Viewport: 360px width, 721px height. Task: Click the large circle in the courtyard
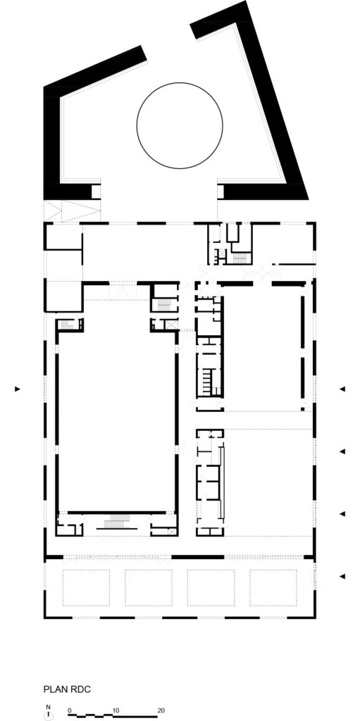click(x=179, y=126)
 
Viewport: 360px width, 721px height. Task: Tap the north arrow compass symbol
click(x=48, y=715)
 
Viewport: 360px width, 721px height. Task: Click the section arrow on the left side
click(x=19, y=389)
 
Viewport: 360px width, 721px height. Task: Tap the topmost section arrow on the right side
click(x=342, y=389)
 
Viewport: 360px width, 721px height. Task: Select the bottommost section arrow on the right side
click(x=342, y=577)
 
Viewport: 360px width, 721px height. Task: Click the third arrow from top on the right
click(x=342, y=514)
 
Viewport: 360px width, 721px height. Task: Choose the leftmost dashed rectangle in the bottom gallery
click(x=86, y=587)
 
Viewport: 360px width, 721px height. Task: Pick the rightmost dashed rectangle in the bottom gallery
click(x=273, y=587)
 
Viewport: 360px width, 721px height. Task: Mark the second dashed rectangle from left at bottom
click(x=148, y=587)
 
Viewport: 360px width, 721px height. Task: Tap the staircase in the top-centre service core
click(x=240, y=257)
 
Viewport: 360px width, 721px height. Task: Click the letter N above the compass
click(x=48, y=706)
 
